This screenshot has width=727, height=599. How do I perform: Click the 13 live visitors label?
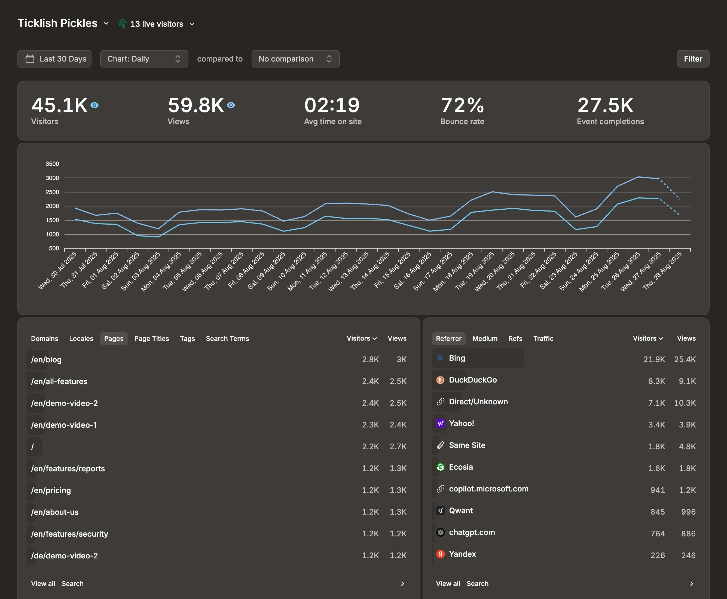156,24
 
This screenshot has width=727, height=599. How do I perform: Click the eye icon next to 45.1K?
94,105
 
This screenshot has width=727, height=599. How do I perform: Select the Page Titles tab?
151,338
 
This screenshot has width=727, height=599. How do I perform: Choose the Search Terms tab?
227,338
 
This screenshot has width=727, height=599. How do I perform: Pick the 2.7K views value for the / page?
398,447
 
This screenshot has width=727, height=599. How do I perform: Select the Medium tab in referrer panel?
484,338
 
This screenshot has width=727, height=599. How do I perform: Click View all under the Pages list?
43,583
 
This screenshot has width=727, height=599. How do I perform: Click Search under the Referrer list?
477,583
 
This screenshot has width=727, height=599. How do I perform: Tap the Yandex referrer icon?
440,554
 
